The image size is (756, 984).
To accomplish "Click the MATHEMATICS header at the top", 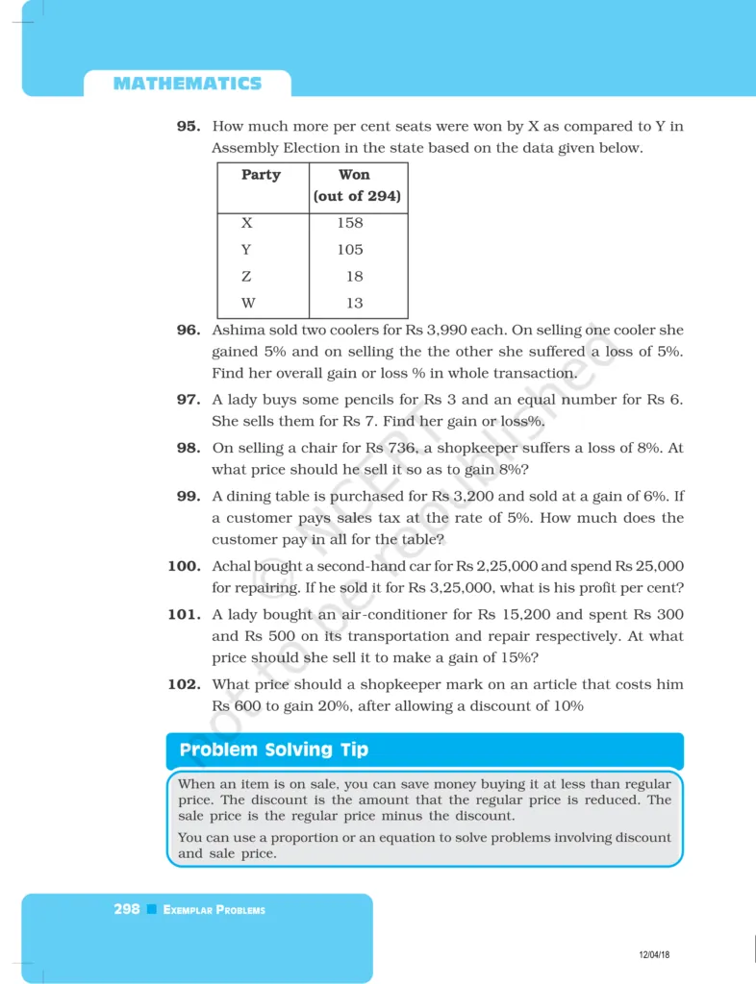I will click(188, 84).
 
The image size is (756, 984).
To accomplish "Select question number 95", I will click(189, 126).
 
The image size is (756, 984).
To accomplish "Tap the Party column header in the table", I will click(261, 175).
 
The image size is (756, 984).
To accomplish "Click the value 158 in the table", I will click(350, 223).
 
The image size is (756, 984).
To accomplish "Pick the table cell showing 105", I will click(350, 250).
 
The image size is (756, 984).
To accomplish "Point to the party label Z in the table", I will click(247, 277).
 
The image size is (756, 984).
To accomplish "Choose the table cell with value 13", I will click(354, 304).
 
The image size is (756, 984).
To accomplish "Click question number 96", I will click(189, 330).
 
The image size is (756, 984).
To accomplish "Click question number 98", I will click(189, 448).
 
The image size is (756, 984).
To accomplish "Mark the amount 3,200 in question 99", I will click(474, 496).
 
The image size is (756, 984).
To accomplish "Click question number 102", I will click(185, 684).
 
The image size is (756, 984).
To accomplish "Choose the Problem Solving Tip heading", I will click(274, 750).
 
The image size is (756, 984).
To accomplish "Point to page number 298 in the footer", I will click(127, 909).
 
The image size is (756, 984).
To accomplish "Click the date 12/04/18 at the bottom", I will click(654, 954).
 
